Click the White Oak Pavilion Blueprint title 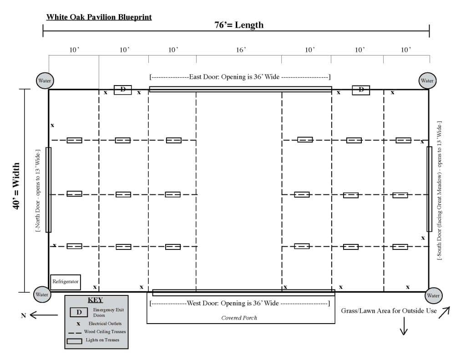(99, 17)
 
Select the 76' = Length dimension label (239, 25)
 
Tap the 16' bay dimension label (241, 50)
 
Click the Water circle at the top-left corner (45, 81)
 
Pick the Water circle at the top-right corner (427, 81)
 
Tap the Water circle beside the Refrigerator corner (41, 294)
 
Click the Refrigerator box (66, 281)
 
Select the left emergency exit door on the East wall (122, 90)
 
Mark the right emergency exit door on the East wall (361, 90)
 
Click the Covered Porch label (239, 318)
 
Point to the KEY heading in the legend (95, 300)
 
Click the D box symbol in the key (79, 313)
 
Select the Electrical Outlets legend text (105, 324)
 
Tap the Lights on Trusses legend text (106, 340)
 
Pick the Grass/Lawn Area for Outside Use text (389, 311)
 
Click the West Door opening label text (239, 303)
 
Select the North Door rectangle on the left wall (49, 189)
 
